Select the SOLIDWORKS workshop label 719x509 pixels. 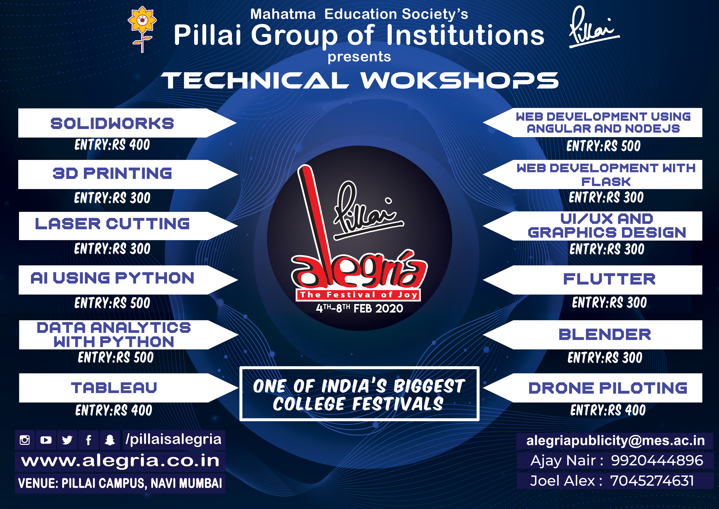[x=112, y=123]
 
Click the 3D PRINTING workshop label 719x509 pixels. [x=112, y=173]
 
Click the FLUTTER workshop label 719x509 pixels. [x=609, y=279]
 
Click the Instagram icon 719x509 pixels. [x=25, y=440]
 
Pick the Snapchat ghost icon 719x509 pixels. [x=110, y=440]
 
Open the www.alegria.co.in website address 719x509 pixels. [x=120, y=461]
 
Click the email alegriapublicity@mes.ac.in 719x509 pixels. [x=615, y=441]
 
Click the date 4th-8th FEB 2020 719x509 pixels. [x=359, y=308]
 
